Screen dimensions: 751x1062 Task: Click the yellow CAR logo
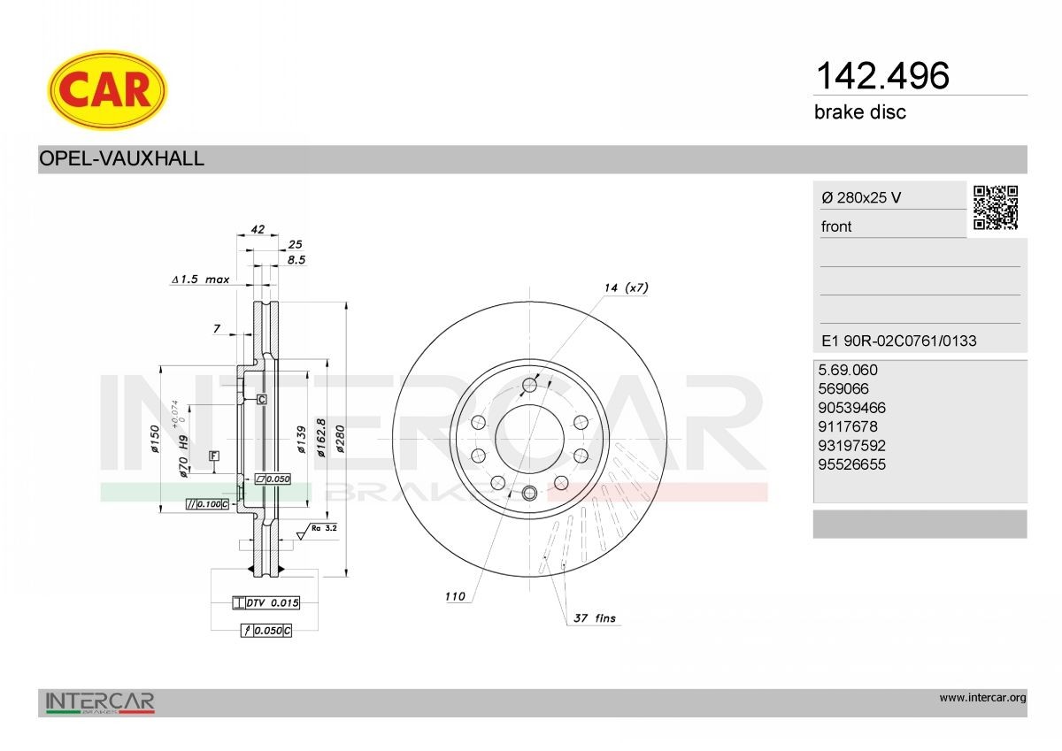click(x=106, y=89)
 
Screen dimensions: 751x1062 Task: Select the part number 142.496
click(x=881, y=76)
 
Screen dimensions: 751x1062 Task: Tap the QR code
click(x=996, y=208)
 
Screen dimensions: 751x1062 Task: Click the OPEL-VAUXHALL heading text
click(x=122, y=159)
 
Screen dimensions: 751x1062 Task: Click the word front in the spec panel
click(x=836, y=226)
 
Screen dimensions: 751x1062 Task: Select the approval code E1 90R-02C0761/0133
click(x=898, y=341)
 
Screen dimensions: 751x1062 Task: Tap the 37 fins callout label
click(x=594, y=618)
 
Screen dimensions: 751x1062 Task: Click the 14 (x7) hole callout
click(x=626, y=287)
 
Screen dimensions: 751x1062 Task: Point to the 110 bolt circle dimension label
click(x=455, y=597)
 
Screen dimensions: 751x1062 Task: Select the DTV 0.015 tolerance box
click(x=265, y=602)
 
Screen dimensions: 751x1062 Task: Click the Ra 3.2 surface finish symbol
click(x=319, y=529)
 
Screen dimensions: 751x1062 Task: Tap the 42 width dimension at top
click(x=258, y=229)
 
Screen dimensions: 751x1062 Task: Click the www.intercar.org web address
click(x=982, y=698)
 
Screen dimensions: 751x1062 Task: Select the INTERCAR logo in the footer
click(x=100, y=702)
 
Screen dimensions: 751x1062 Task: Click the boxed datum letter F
click(x=213, y=456)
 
